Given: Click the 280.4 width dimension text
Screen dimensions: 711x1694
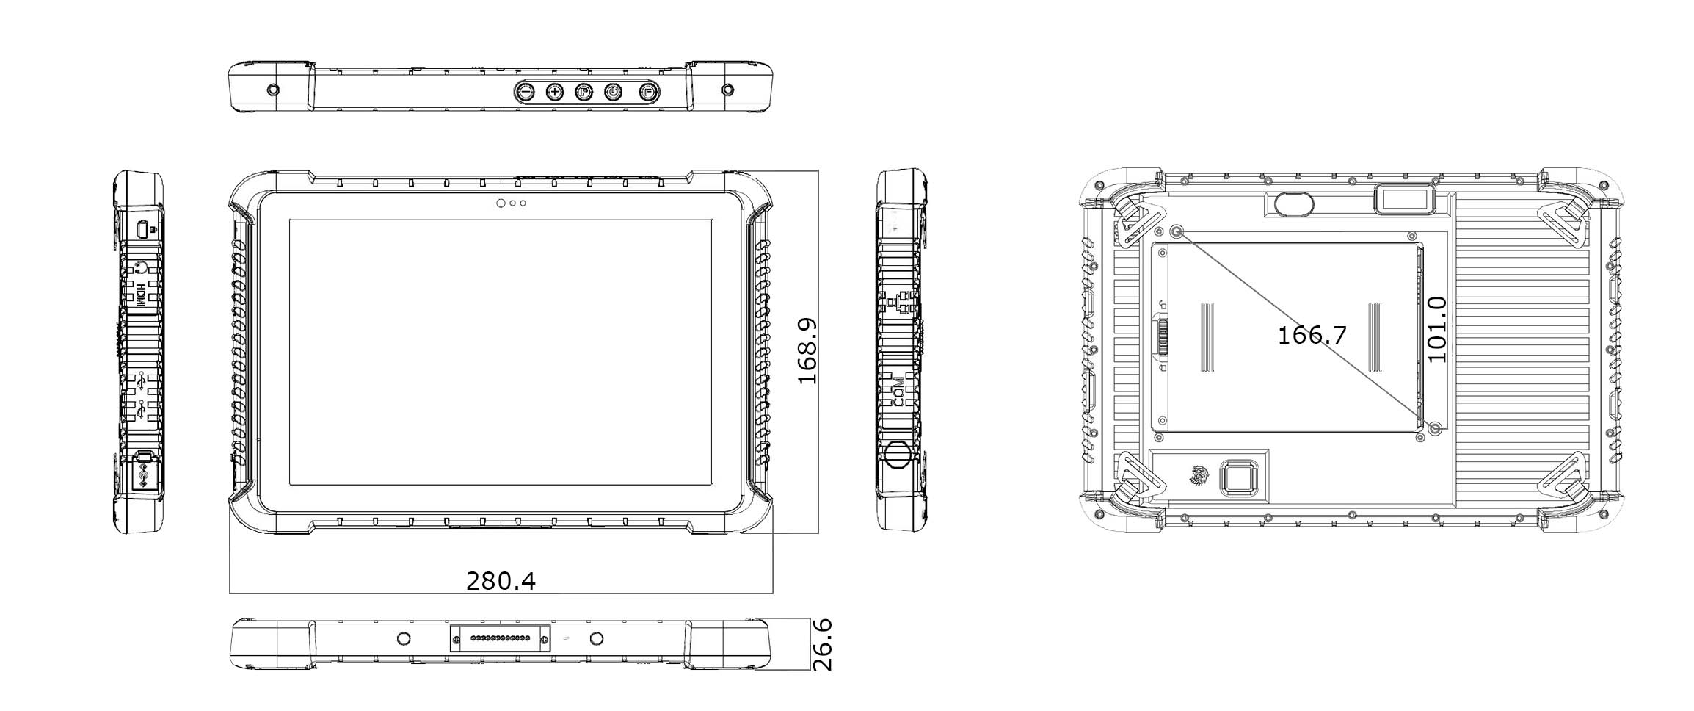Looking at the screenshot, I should coord(501,581).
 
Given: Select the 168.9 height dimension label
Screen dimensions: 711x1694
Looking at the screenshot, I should coord(807,351).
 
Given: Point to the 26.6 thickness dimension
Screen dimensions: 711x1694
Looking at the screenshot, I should coord(824,644).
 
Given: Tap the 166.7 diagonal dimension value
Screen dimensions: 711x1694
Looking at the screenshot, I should coord(1312,336).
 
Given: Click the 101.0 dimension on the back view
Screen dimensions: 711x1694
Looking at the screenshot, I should coord(1436,330).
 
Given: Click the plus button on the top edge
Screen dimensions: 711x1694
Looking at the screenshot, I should coord(555,92).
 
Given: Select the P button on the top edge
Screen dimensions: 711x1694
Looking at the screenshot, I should coord(584,92).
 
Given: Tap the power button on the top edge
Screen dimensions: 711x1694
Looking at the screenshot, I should coord(613,92).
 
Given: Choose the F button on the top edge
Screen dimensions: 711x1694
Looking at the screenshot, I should coord(647,92).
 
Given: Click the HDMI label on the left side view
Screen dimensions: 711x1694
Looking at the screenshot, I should coord(139,296).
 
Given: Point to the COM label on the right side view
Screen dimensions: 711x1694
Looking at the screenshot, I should coord(898,391).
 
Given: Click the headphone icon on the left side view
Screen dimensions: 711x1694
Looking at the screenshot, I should coord(141,268).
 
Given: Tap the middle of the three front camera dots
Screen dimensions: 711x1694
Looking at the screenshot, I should coord(512,203).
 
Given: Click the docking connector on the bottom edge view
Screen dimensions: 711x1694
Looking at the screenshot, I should coord(500,638).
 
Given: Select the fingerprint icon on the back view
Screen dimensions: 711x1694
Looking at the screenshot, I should coord(1197,476).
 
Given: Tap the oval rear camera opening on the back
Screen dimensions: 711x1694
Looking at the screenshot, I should coord(1292,203).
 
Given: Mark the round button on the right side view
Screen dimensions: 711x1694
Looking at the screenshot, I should coord(896,455).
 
